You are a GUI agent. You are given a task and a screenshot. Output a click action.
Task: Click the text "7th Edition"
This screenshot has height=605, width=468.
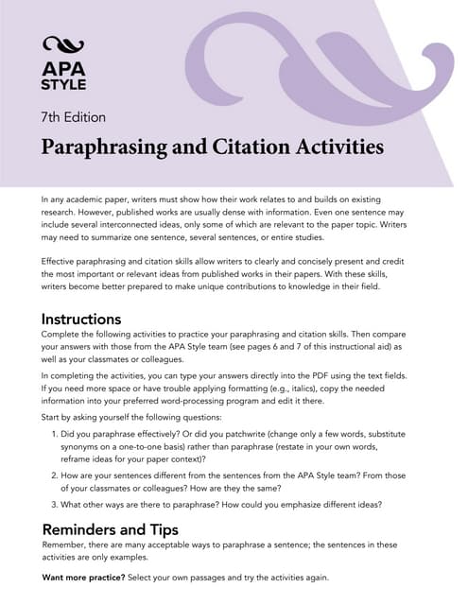pyautogui.click(x=73, y=118)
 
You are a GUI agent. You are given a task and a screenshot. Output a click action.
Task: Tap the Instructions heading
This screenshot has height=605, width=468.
pyautogui.click(x=81, y=320)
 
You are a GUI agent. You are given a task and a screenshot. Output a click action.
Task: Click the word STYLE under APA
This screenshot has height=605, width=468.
pyautogui.click(x=63, y=84)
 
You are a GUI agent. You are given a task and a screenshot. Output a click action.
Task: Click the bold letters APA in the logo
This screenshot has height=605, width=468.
pyautogui.click(x=63, y=68)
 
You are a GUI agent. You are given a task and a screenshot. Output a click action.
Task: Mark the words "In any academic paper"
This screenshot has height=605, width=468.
pyautogui.click(x=87, y=199)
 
